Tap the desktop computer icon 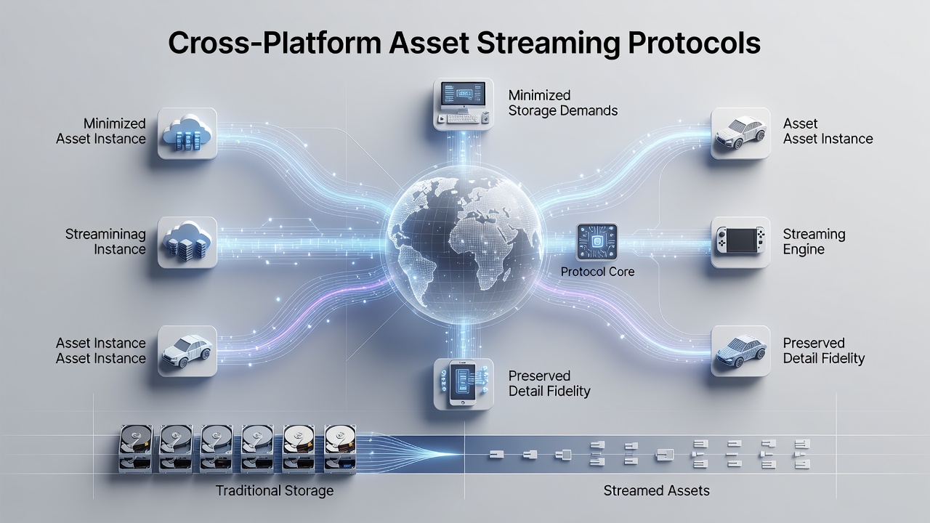(464, 104)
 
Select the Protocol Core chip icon (597, 242)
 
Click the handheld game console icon (740, 242)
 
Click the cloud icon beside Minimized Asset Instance (187, 133)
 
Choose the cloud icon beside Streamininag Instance (187, 242)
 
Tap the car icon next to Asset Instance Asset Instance (187, 351)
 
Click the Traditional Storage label (275, 490)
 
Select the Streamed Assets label (656, 490)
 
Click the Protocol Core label (597, 272)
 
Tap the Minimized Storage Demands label (562, 103)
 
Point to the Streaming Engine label (814, 242)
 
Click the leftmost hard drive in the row (136, 448)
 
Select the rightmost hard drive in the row (340, 448)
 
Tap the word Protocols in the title (694, 43)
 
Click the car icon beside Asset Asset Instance (740, 133)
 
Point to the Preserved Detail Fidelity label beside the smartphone (549, 384)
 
